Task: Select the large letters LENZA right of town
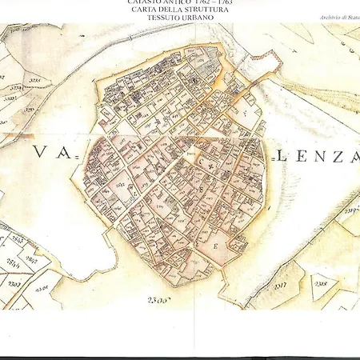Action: coord(314,158)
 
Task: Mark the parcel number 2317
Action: coord(279,283)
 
